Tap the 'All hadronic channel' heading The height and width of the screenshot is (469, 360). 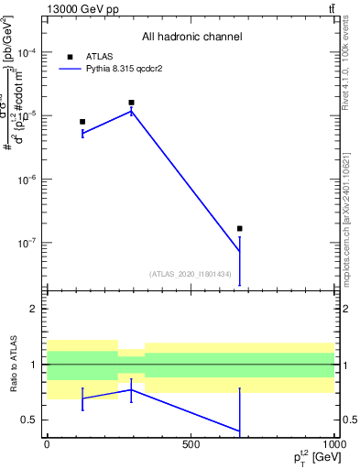tap(191, 37)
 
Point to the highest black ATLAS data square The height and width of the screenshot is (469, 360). tap(131, 103)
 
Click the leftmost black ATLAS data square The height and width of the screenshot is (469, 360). tap(82, 122)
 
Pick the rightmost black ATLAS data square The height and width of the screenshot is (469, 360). tap(239, 229)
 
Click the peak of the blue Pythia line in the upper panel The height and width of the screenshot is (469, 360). tap(131, 112)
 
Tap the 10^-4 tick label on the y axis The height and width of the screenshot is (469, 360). tap(29, 54)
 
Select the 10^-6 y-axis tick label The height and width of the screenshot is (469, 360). tap(29, 180)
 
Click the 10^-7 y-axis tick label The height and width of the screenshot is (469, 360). tap(29, 244)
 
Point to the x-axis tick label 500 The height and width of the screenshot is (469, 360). tap(191, 445)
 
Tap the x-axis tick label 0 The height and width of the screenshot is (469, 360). tap(47, 445)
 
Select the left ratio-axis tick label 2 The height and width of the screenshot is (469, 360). tap(34, 309)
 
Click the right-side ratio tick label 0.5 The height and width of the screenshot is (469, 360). tap(348, 420)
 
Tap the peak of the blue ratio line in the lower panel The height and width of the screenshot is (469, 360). tap(131, 389)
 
